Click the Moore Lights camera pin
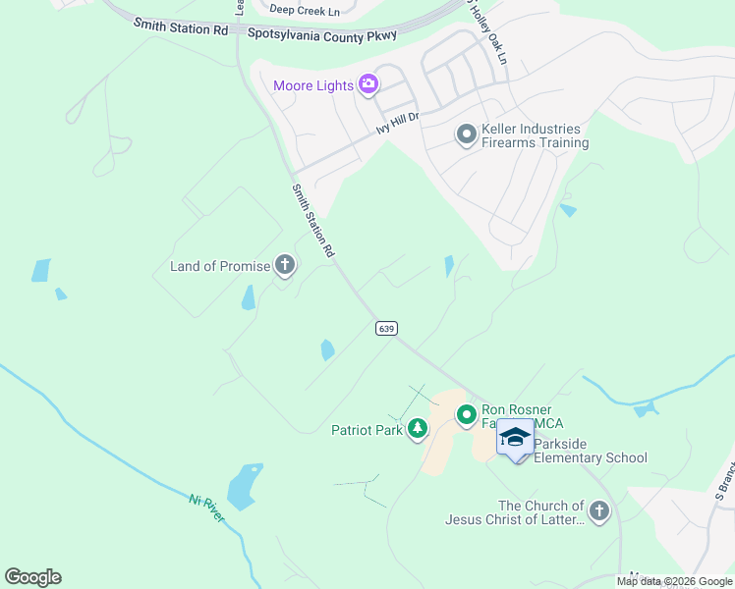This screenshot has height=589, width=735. pos(368,85)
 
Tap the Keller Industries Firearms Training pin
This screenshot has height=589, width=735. pos(466,134)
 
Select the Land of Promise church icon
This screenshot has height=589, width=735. pos(285,265)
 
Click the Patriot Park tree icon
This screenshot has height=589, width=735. pos(418,429)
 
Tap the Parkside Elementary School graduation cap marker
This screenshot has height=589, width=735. pos(514,437)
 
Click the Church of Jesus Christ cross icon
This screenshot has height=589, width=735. pos(599,510)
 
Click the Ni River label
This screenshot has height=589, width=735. pos(207,508)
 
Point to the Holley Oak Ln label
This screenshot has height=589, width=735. pos(486,37)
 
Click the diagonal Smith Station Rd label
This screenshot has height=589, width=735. pos(313,220)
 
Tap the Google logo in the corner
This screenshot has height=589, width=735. pos(32,576)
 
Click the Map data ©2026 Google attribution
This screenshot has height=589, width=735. pos(674,581)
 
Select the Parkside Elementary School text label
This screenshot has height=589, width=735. pos(591,457)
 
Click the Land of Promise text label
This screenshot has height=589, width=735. pos(220,266)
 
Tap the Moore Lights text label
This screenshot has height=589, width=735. pos(312,85)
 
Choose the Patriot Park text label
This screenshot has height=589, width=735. pos(367,429)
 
